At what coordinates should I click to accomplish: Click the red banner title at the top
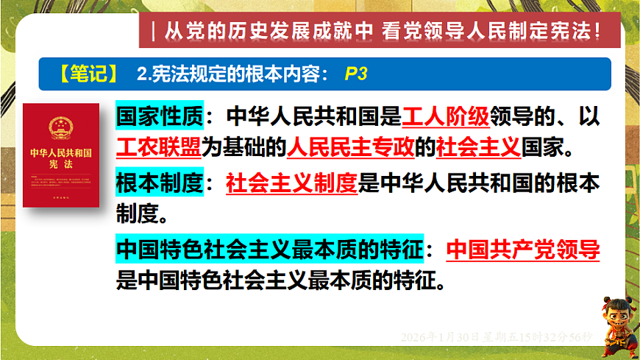(380, 32)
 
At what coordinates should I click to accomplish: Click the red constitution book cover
(61, 155)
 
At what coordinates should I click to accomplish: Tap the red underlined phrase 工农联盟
(158, 148)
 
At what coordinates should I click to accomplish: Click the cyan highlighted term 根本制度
(156, 183)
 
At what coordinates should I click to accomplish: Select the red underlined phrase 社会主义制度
(291, 183)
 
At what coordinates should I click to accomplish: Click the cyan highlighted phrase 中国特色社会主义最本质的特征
(269, 250)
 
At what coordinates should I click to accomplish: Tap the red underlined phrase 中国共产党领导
(523, 250)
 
